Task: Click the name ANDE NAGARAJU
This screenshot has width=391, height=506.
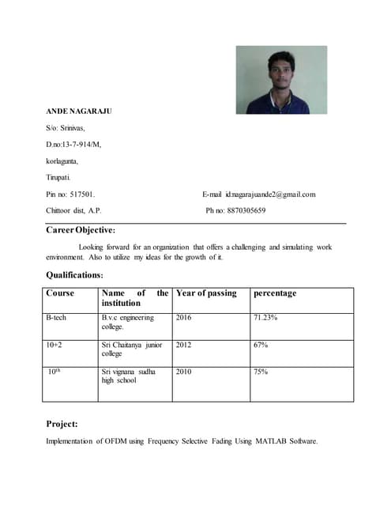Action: coord(79,111)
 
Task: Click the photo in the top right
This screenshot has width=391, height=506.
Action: coord(280,80)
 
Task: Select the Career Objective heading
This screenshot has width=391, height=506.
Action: coord(81,230)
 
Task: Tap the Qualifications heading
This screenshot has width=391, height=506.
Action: coord(74,274)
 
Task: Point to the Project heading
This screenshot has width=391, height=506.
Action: coord(62,423)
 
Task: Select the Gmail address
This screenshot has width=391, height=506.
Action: coord(271,194)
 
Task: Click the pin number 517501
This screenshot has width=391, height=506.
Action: coord(83,194)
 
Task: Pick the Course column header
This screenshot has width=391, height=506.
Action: coord(60,293)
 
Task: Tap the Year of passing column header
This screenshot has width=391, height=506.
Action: coord(206,293)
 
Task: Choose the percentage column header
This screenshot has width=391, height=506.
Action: coord(275,293)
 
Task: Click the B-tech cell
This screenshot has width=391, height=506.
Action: coord(56,318)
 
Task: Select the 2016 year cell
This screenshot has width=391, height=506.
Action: coord(183,318)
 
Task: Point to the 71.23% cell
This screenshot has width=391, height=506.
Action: coord(265,318)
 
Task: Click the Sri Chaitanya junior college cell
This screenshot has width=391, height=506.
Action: coord(129,349)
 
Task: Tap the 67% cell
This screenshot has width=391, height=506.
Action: coord(261,345)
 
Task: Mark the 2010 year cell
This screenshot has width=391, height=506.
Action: coord(183,372)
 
